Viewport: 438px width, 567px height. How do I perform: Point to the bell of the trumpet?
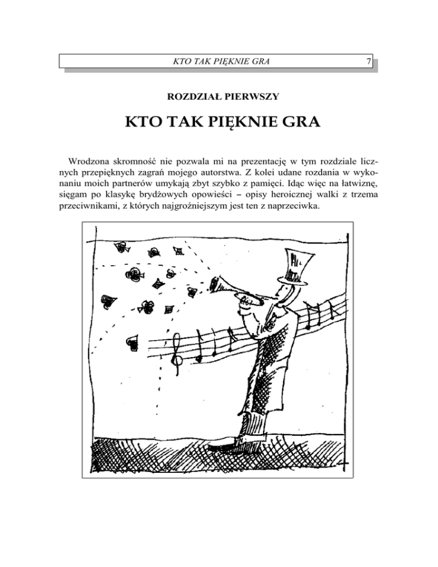[215, 283]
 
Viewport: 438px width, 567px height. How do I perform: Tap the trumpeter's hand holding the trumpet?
[245, 305]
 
